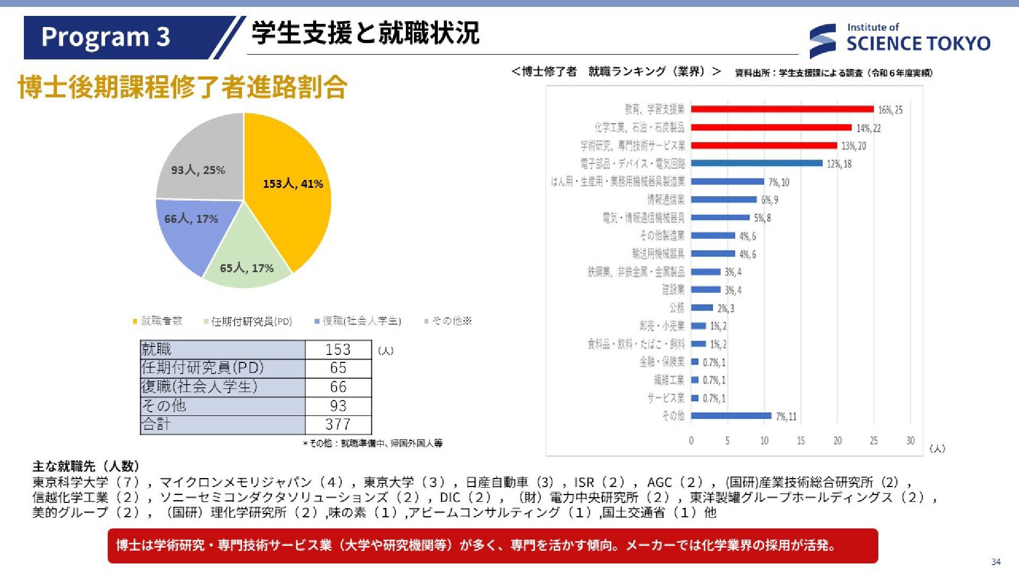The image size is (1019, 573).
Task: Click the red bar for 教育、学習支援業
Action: coord(782,109)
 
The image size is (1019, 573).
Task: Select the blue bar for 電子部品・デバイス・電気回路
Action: coord(756,163)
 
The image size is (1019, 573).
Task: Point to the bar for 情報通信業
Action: coord(723,199)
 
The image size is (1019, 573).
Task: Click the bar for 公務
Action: coord(702,308)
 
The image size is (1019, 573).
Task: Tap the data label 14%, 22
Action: coord(868,128)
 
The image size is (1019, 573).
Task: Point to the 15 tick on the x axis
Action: coord(800,440)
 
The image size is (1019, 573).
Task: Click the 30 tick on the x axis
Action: coord(910,440)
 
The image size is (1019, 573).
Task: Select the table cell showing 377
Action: coord(338,424)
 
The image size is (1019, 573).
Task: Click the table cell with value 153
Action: coord(338,350)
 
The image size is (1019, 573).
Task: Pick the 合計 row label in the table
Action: coord(157,424)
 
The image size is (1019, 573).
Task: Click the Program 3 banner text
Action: coord(106,37)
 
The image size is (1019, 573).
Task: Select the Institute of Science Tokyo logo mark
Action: coord(822,40)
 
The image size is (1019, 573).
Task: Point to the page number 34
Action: coord(996,562)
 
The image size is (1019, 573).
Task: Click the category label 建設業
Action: coord(672,290)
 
